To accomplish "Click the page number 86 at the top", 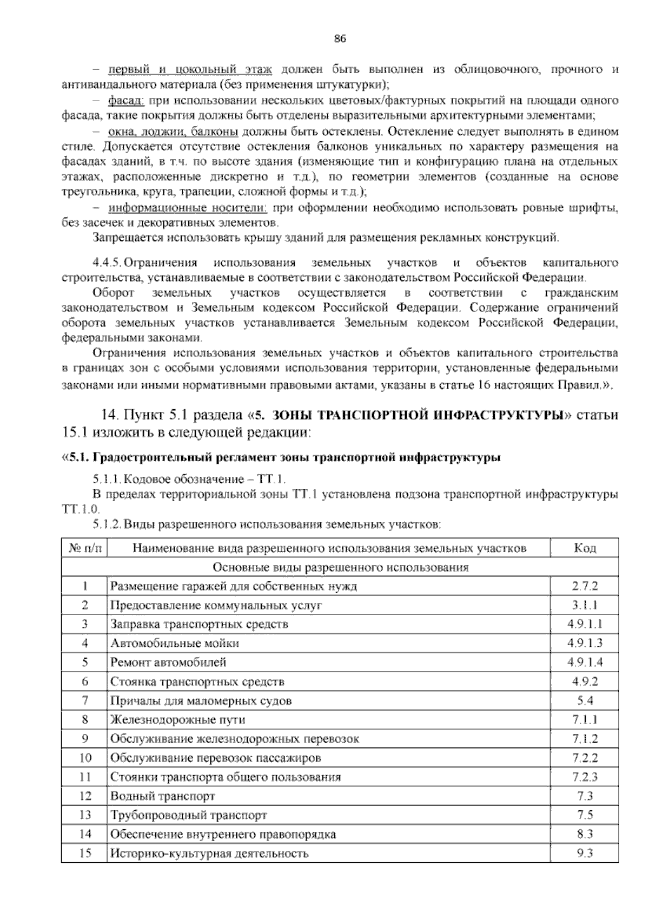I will pyautogui.click(x=340, y=38).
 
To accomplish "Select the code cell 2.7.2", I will pyautogui.click(x=585, y=586).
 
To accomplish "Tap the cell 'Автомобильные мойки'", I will pyautogui.click(x=175, y=643).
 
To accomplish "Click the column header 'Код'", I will pyautogui.click(x=585, y=548).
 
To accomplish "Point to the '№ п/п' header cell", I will pyautogui.click(x=84, y=548).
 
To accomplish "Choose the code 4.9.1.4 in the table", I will pyautogui.click(x=585, y=662).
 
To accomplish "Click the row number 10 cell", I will pyautogui.click(x=84, y=758).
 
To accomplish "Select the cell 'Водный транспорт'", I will pyautogui.click(x=163, y=796).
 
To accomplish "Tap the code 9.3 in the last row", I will pyautogui.click(x=585, y=853).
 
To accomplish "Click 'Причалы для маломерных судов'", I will pyautogui.click(x=201, y=700).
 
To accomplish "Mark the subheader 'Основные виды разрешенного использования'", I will pyautogui.click(x=340, y=567).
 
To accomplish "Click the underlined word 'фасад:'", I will pyautogui.click(x=125, y=101).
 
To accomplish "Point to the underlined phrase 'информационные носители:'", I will pyautogui.click(x=188, y=208).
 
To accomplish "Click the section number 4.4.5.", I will pyautogui.click(x=106, y=263).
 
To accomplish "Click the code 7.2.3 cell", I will pyautogui.click(x=585, y=777).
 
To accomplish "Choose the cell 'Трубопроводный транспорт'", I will pyautogui.click(x=189, y=815).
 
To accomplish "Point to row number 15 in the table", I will pyautogui.click(x=84, y=853).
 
